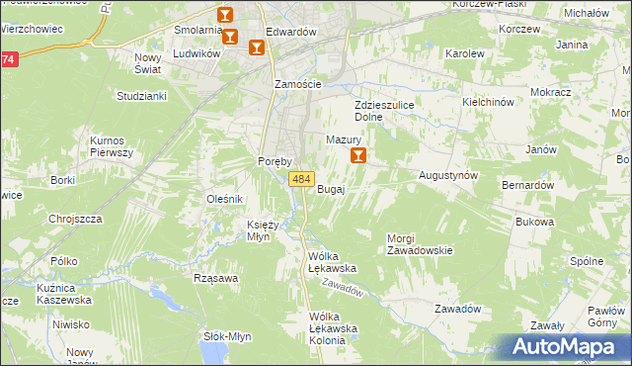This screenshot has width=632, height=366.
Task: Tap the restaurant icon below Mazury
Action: (x=357, y=155)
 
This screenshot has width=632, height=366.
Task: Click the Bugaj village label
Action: (x=331, y=189)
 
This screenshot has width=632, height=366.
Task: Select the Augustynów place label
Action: (x=448, y=174)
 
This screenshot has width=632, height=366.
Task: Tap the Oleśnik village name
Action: (x=224, y=199)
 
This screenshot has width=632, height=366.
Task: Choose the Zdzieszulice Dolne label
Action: (x=382, y=110)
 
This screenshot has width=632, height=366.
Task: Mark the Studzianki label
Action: (x=141, y=96)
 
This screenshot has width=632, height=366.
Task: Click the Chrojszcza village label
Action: (x=76, y=219)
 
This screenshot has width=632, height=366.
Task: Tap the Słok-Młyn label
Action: (x=227, y=335)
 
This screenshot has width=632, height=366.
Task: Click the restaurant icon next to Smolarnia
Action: (x=225, y=16)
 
